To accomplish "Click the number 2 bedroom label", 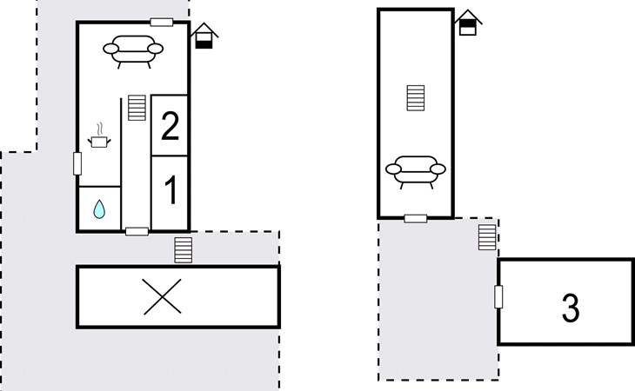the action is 170,126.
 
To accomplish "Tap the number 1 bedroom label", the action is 170,190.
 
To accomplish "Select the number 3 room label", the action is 571,308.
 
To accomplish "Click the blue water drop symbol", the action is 99,209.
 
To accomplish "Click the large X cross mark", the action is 163,297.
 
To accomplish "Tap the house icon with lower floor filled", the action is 204,36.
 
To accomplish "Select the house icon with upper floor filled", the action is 468,23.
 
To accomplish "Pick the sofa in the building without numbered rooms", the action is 416,172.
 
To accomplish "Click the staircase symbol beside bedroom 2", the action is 137,108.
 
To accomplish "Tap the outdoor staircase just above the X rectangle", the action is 183,250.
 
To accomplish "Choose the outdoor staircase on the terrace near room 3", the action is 487,237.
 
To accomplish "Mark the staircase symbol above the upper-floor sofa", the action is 416,98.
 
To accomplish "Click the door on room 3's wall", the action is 498,297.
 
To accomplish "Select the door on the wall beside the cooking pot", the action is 77,163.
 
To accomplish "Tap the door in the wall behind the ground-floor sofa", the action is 162,23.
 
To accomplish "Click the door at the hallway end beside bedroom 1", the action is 137,232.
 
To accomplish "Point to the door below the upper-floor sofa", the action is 416,219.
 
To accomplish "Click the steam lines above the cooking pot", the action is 100,129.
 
